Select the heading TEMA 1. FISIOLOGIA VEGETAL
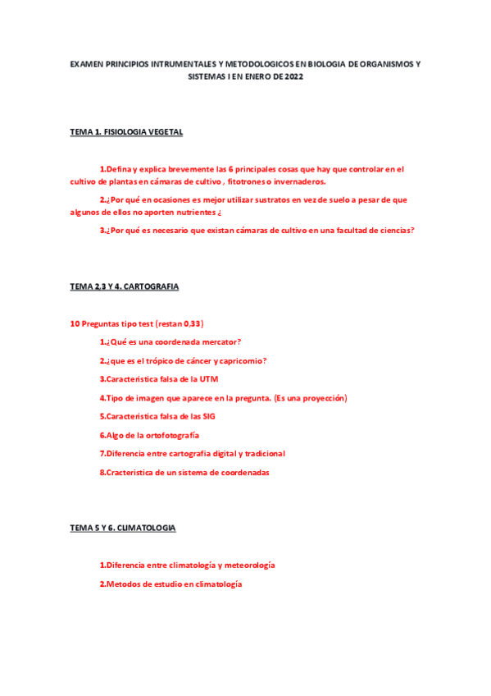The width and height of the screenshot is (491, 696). pyautogui.click(x=126, y=131)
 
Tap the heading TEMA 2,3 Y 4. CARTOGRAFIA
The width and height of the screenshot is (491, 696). pyautogui.click(x=125, y=286)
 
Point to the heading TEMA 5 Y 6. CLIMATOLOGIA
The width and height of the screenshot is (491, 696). pyautogui.click(x=123, y=528)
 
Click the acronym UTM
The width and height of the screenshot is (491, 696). pyautogui.click(x=208, y=379)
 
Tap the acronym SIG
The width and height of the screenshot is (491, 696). pyautogui.click(x=209, y=416)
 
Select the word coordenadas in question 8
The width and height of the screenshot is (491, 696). pyautogui.click(x=241, y=472)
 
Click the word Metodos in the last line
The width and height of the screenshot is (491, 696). pyautogui.click(x=122, y=584)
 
